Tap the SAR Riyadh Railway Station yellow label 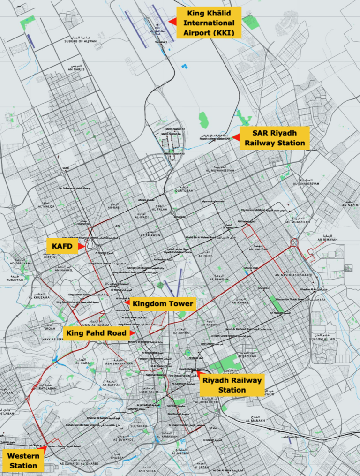point(275,138)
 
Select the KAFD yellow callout point(62,246)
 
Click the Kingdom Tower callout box point(163,304)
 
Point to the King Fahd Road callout point(97,333)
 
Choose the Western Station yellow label point(23,461)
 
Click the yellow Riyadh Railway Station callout point(232,385)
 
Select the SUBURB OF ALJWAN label point(81,41)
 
